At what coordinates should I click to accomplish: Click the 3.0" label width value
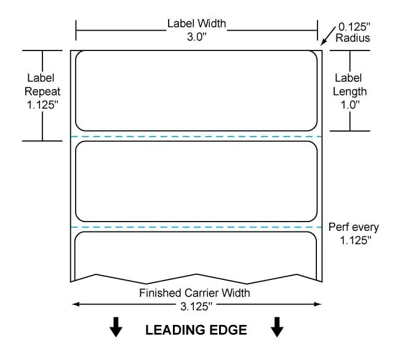click(196, 37)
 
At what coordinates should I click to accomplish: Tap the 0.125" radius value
click(354, 27)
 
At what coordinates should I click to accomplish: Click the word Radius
click(353, 38)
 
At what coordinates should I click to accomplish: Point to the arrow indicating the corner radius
click(328, 36)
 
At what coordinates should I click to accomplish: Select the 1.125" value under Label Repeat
click(42, 105)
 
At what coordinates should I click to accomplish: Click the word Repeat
click(42, 92)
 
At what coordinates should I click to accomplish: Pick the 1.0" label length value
click(350, 105)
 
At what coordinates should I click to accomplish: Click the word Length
click(350, 92)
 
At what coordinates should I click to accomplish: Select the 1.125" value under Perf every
click(355, 241)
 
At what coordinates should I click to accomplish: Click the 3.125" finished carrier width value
click(196, 306)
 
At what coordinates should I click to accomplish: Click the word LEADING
click(174, 330)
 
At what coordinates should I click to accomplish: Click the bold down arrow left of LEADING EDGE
click(116, 327)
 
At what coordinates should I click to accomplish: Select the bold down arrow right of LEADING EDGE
click(277, 327)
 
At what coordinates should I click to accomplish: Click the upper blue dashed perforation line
click(196, 137)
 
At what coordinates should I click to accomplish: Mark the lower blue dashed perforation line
click(196, 227)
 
